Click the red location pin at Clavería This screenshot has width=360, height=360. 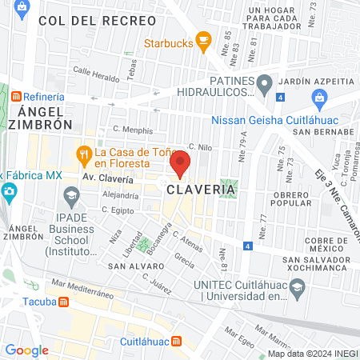[x=180, y=164]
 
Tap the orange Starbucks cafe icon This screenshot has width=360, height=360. [x=203, y=39]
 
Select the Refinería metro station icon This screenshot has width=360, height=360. [x=17, y=97]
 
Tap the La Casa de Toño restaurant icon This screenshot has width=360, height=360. [x=82, y=153]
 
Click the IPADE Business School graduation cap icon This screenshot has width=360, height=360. [x=71, y=194]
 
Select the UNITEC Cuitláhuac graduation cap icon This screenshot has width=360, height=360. [x=296, y=286]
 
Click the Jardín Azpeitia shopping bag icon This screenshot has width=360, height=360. [x=319, y=100]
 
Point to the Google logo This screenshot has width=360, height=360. [x=26, y=350]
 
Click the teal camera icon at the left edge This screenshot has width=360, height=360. [x=8, y=191]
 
